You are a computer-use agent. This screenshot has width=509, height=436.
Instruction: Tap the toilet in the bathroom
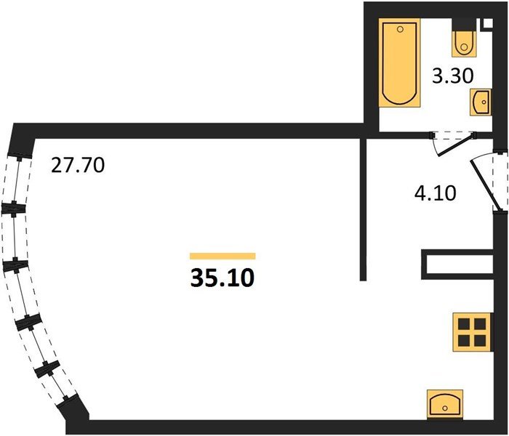tap(463, 44)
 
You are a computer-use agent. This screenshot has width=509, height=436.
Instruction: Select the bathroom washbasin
tap(481, 102)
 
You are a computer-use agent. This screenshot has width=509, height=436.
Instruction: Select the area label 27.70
tap(78, 166)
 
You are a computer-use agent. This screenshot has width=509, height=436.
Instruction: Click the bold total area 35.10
tap(223, 278)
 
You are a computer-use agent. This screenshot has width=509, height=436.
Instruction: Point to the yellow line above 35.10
tap(223, 256)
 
